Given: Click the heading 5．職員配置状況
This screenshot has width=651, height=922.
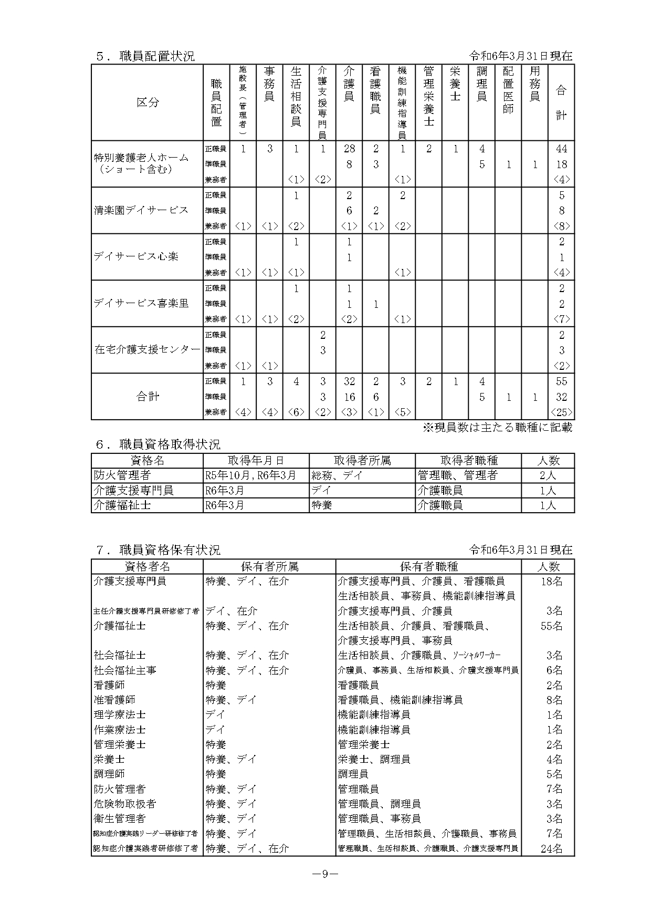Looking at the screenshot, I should [x=145, y=56].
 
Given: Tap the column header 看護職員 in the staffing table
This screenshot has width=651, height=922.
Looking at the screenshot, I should [x=375, y=89].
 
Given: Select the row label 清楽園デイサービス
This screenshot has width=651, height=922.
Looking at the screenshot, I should [x=141, y=210].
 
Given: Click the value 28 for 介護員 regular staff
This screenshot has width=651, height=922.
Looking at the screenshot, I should [x=349, y=149].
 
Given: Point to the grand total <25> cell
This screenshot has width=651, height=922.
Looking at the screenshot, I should [x=561, y=412].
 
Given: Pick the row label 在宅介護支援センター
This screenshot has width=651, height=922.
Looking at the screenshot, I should [x=148, y=349].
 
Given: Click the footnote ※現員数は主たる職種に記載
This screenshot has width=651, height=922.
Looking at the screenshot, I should [x=498, y=428].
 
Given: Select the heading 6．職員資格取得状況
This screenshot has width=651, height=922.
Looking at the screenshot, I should [x=157, y=444].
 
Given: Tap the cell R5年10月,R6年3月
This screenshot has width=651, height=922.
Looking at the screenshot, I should [x=251, y=475].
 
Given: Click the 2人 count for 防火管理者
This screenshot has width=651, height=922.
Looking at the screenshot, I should [x=548, y=475].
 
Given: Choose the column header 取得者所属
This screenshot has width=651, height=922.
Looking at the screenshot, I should [x=362, y=461].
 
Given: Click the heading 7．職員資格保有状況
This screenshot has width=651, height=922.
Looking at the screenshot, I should [x=157, y=550].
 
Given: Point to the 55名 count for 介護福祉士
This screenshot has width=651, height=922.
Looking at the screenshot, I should [x=551, y=626].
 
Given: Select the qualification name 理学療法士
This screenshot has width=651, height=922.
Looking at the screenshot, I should [x=120, y=714].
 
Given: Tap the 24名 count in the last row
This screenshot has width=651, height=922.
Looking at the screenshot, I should [x=551, y=848].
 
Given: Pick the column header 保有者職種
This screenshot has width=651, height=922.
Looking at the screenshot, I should [x=428, y=566].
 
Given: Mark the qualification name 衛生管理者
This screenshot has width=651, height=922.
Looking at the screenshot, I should [x=120, y=819].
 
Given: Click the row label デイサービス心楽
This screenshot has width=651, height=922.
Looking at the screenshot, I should [x=136, y=257].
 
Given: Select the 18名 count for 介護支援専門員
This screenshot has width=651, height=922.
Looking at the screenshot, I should [x=551, y=581].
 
